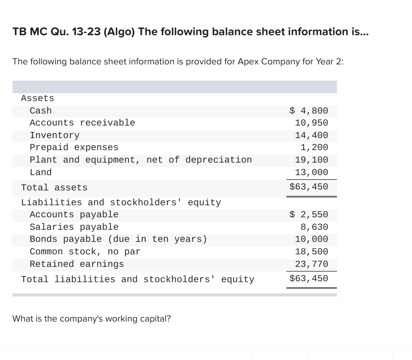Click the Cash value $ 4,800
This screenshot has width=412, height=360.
click(309, 111)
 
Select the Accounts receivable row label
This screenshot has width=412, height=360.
click(82, 123)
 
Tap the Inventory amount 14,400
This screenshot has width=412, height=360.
click(311, 135)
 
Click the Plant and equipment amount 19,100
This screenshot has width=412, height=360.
click(311, 160)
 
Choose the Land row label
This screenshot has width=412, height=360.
click(41, 172)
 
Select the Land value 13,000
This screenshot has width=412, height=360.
click(311, 172)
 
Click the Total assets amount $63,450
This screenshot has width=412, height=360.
click(309, 187)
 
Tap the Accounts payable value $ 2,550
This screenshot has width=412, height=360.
click(309, 215)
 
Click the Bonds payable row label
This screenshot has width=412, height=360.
click(118, 239)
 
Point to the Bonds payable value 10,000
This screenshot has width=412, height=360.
click(311, 239)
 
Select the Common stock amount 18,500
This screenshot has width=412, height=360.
click(311, 252)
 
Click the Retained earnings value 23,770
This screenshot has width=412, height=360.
click(311, 264)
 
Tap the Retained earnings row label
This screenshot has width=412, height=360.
click(77, 264)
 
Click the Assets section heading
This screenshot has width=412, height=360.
click(38, 98)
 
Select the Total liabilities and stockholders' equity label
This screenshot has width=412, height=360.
click(138, 279)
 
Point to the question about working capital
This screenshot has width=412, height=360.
click(92, 319)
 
